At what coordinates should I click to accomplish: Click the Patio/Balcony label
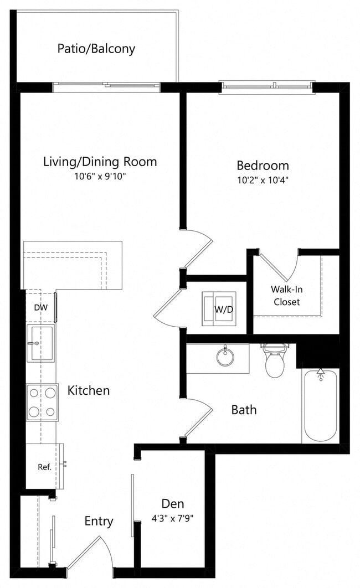(x=96, y=49)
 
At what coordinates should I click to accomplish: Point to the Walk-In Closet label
(x=286, y=296)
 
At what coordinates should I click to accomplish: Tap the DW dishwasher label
(x=40, y=307)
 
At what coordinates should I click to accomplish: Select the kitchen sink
(x=41, y=343)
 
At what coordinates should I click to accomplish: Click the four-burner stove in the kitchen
(x=42, y=402)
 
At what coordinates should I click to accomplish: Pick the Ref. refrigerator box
(x=44, y=466)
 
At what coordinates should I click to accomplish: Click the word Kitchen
(x=89, y=390)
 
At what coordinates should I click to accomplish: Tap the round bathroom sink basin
(x=225, y=357)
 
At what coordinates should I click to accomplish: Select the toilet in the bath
(x=275, y=360)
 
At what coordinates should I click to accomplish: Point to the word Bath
(x=244, y=410)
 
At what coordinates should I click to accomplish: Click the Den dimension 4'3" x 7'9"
(x=173, y=519)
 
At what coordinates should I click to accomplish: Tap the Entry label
(x=99, y=521)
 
